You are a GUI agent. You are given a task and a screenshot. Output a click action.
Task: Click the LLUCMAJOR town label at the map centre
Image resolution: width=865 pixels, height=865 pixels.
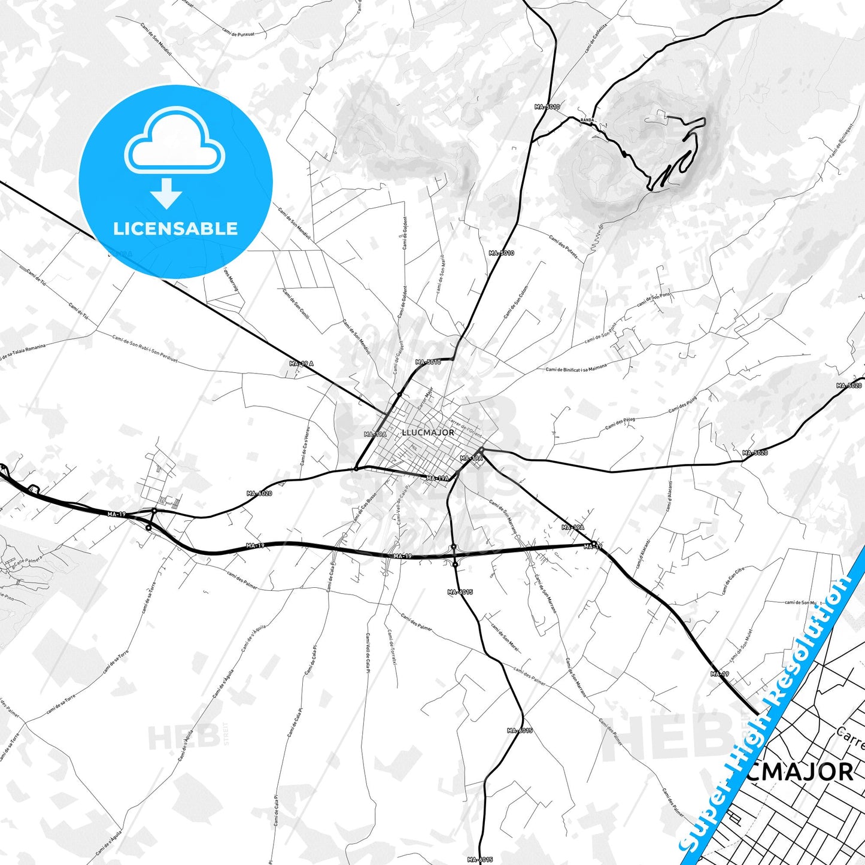pos(428,432)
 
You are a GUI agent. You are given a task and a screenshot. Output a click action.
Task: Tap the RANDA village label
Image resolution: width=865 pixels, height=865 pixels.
pos(587,120)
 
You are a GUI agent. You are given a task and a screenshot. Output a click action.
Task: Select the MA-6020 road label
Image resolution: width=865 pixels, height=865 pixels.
pos(259,493)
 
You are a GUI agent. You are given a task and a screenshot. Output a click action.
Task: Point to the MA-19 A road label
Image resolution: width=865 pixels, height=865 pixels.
pos(301,363)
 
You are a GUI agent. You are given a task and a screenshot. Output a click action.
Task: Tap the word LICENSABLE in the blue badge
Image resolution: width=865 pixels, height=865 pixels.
pos(175,228)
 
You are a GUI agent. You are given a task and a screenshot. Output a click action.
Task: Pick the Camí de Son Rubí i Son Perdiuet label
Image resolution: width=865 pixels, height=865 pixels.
pos(145,349)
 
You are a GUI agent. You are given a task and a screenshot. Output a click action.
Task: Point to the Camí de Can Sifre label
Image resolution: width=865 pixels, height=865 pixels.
pos(732,581)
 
